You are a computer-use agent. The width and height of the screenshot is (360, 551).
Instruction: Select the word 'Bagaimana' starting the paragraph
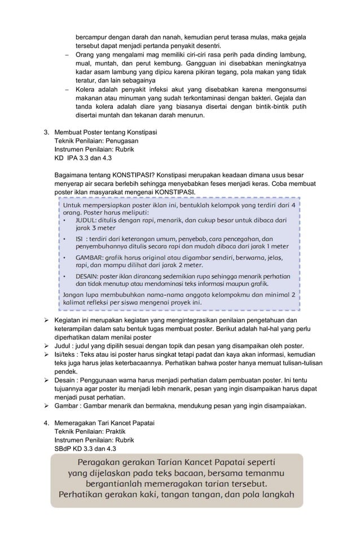71,174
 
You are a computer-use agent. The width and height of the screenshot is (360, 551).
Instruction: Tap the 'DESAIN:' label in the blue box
89,276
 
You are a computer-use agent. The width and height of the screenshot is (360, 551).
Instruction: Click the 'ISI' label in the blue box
80,238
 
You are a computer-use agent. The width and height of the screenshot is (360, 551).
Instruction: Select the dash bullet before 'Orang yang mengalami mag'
67,55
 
